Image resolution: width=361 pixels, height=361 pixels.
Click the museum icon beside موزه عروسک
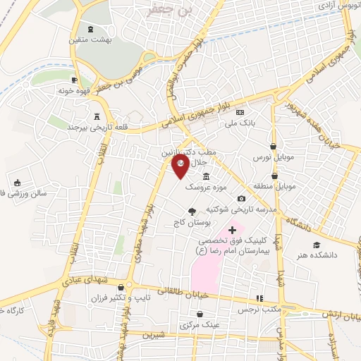pos(205,176)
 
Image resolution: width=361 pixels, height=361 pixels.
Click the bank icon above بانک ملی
pos(240,112)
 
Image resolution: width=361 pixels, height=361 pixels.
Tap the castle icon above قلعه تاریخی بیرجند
pos(97,116)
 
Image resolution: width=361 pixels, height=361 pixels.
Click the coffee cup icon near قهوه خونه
pos(75,80)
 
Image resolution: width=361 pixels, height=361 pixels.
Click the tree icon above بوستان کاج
pos(191,211)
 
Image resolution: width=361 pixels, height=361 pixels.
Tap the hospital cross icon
pos(233,230)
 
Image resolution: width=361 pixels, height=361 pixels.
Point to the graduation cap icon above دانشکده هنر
pos(317,244)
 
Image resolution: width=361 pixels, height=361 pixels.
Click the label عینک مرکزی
pos(200,325)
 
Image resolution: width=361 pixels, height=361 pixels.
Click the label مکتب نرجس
pos(259,310)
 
